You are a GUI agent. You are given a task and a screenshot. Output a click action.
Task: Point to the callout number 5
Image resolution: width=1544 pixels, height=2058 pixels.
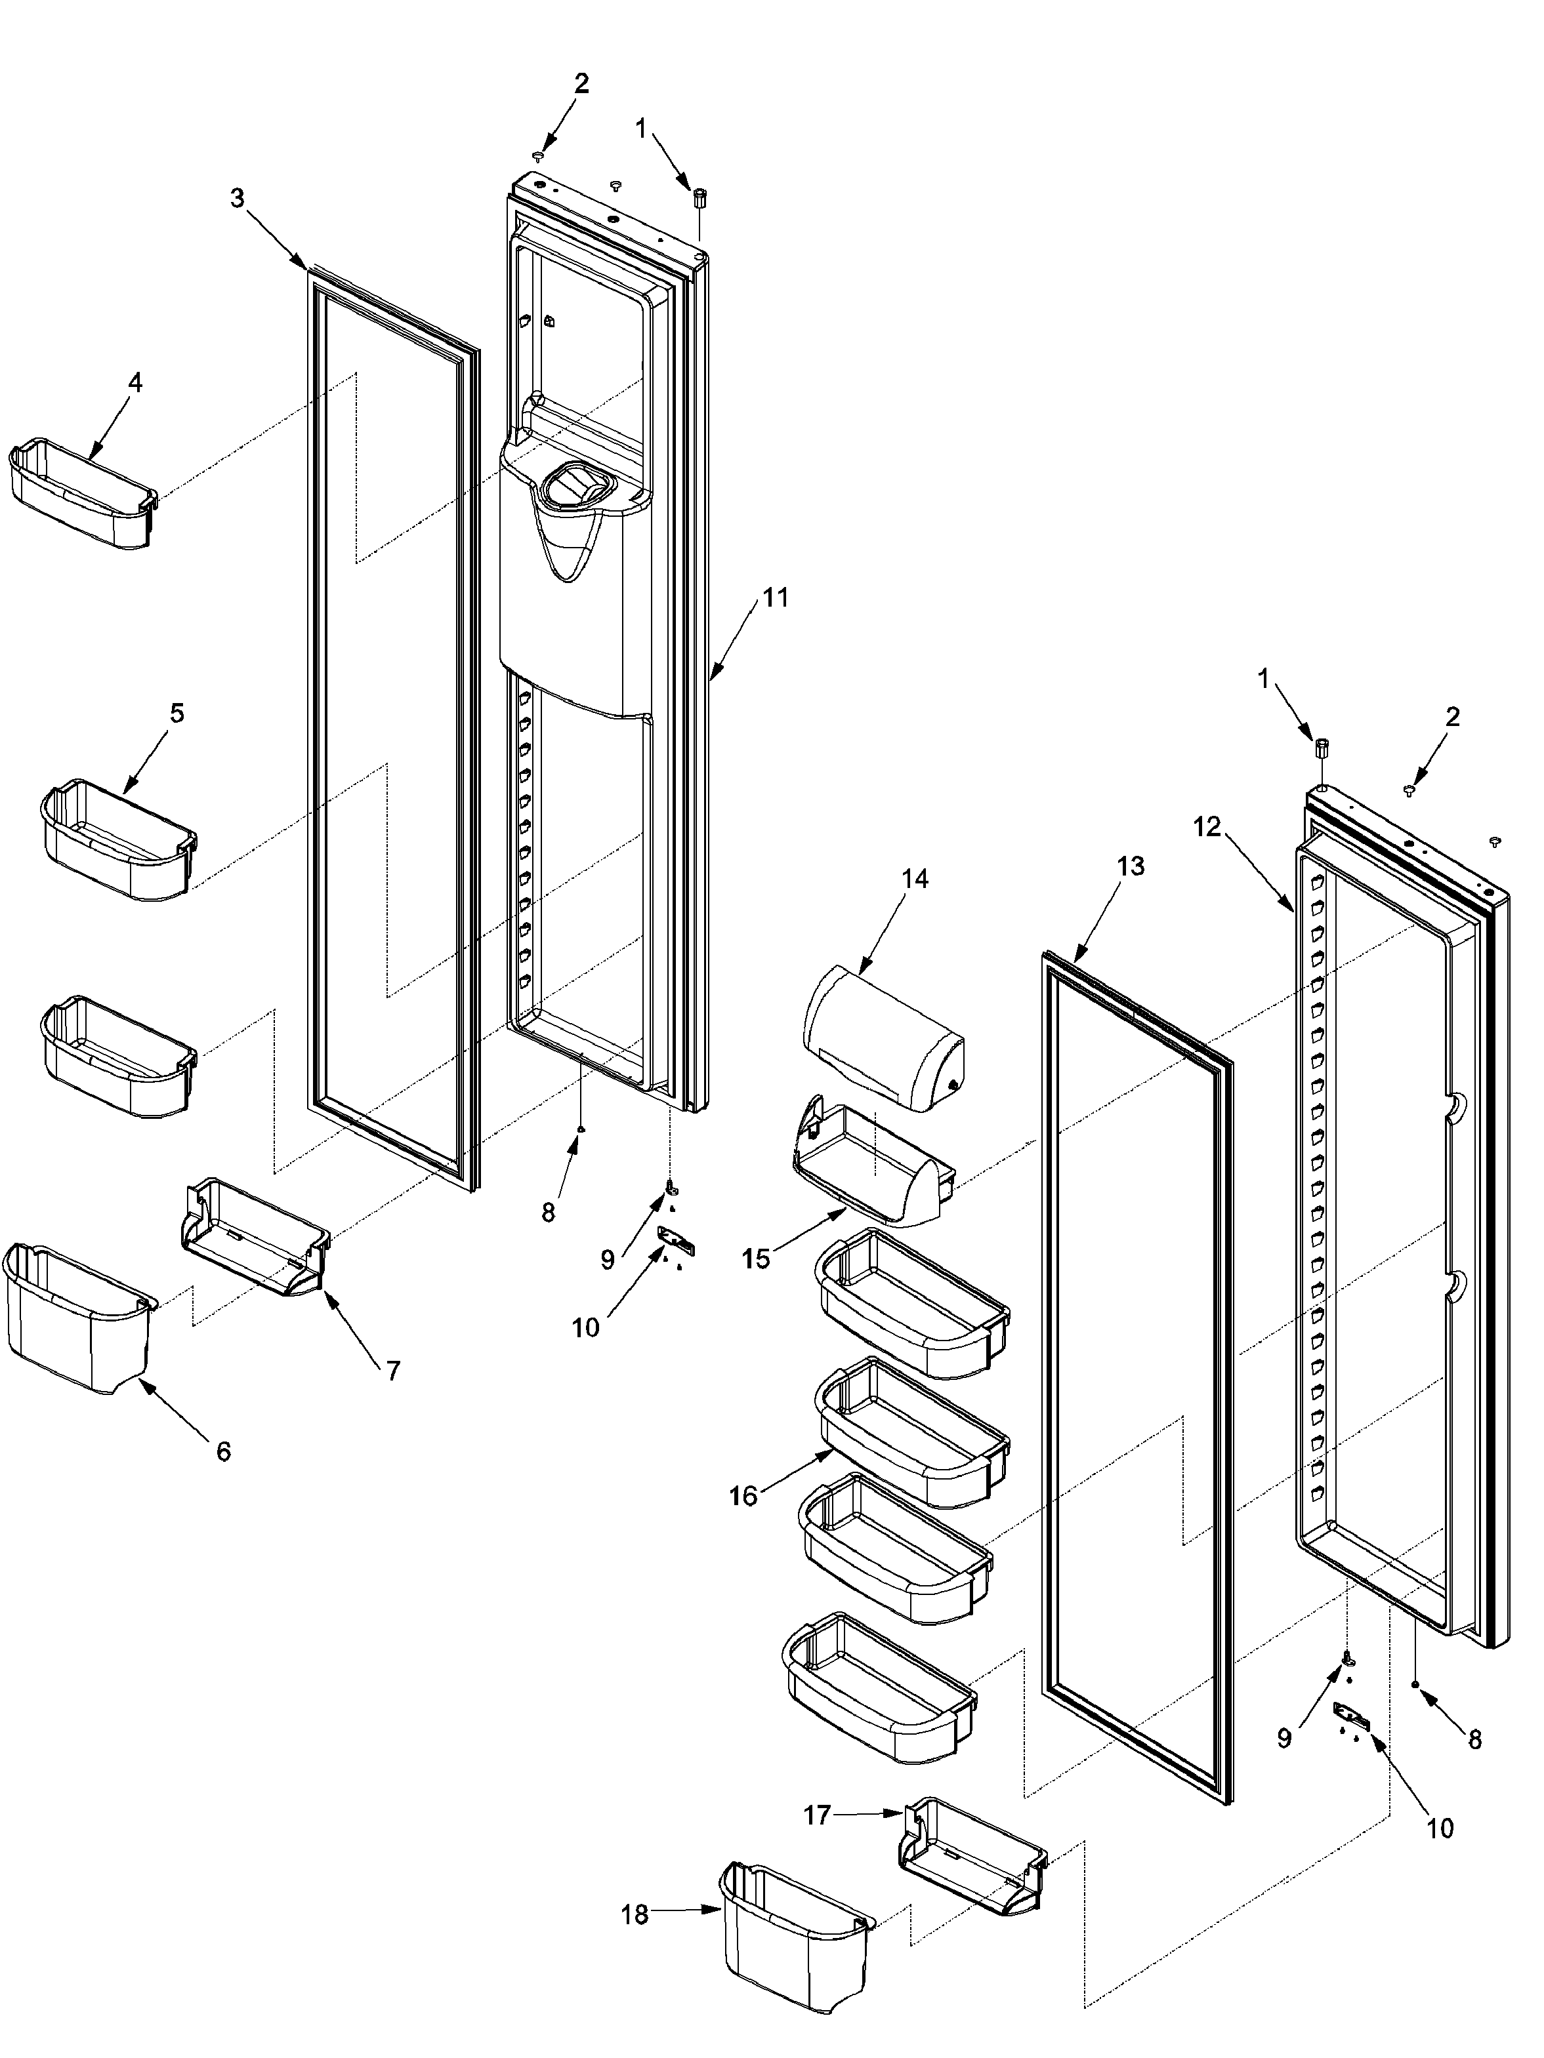177,713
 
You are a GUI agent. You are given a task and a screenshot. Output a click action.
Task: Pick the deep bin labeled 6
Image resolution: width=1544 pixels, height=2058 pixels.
76,1316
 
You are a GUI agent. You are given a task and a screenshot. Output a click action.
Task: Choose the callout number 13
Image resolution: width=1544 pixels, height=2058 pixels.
1130,866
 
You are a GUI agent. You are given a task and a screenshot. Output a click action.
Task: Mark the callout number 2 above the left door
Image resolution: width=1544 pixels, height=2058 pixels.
581,84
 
